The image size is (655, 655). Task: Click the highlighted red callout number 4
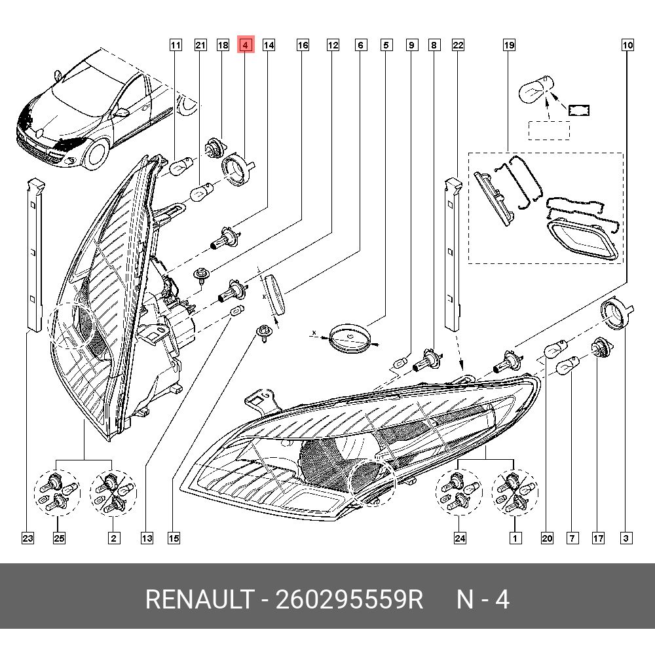click(245, 45)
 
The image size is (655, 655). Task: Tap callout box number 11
click(175, 45)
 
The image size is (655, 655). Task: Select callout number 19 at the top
click(509, 45)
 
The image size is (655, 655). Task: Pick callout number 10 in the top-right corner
click(627, 45)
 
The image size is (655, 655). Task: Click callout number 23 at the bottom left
click(27, 538)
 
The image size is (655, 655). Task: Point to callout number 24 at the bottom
click(460, 538)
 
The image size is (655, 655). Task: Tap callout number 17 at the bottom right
click(598, 538)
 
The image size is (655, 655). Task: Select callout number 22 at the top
click(458, 45)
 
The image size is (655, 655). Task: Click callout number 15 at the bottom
click(173, 538)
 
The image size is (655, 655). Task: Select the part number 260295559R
click(349, 599)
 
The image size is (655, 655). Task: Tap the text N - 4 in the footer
click(483, 599)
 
